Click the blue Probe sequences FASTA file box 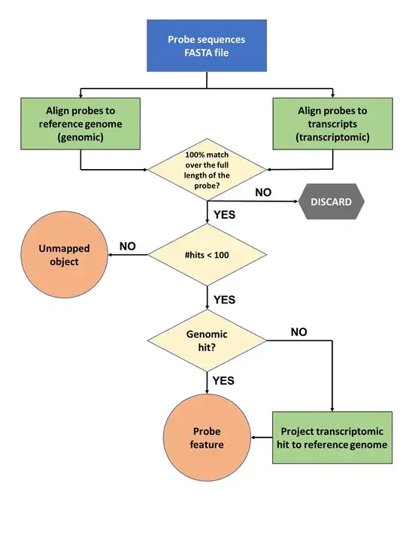pos(207,47)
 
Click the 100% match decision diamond pos(207,169)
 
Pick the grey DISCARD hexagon pos(331,201)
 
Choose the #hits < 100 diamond pos(207,255)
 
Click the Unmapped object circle pos(65,255)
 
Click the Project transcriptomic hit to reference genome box pos(332,438)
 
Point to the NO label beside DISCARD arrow pos(263,192)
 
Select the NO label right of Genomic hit pos(298,331)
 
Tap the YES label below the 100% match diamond pos(225,214)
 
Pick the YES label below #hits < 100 pos(225,300)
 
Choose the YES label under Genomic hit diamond pos(225,381)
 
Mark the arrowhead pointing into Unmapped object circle pos(113,255)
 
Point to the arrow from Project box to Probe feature pos(261,438)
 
